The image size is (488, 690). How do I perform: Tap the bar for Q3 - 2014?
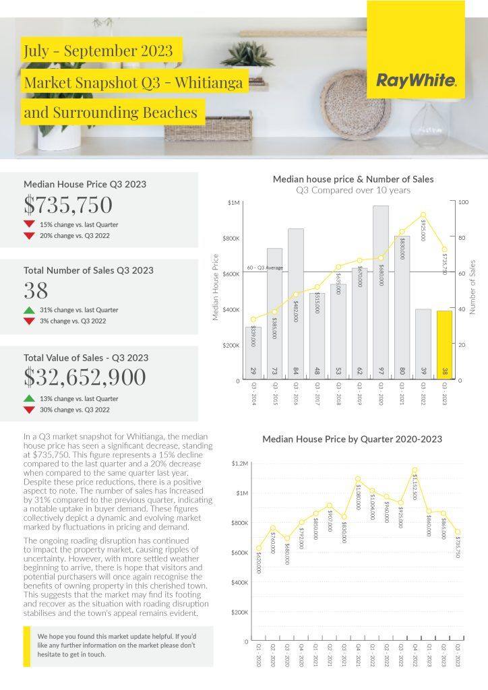pyautogui.click(x=253, y=353)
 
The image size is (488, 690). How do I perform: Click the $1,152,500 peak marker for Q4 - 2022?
pyautogui.click(x=415, y=470)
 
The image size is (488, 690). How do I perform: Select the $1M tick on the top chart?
pyautogui.click(x=233, y=202)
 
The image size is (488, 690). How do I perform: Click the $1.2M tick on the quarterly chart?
pyautogui.click(x=240, y=464)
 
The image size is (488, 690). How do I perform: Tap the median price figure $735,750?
pyautogui.click(x=68, y=205)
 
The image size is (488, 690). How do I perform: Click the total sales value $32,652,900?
pyautogui.click(x=84, y=377)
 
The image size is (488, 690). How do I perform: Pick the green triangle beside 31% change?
pyautogui.click(x=29, y=310)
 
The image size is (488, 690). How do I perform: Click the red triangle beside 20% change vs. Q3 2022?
pyautogui.click(x=29, y=236)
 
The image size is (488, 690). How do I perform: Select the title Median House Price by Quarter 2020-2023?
pyautogui.click(x=352, y=439)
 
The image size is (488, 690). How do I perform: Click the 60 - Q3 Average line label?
pyautogui.click(x=265, y=268)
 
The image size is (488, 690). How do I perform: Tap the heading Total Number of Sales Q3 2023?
pyautogui.click(x=88, y=270)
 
